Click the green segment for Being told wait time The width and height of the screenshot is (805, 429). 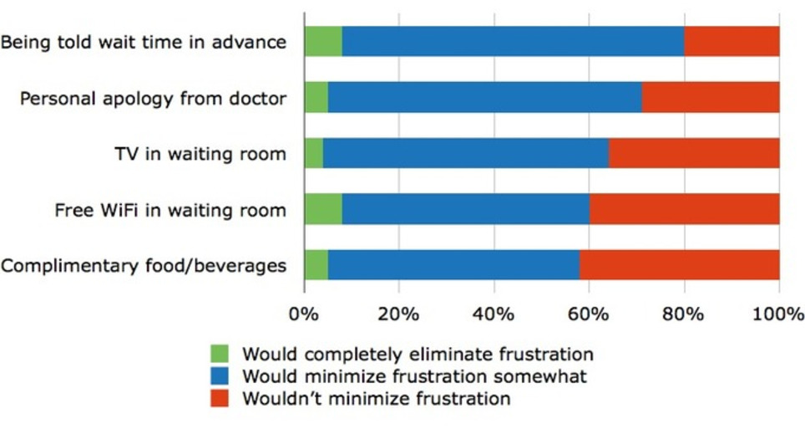pos(323,41)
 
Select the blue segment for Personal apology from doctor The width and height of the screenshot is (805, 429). pos(485,98)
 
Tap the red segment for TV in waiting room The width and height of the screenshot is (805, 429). pos(694,154)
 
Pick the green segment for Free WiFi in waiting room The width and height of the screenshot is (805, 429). pos(323,210)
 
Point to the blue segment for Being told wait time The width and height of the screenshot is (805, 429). pos(513,41)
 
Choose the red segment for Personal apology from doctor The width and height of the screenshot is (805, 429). pos(711,98)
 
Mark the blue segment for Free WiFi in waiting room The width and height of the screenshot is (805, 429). pos(466,210)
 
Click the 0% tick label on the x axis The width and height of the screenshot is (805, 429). pos(304,315)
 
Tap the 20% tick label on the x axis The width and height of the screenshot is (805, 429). pos(398,315)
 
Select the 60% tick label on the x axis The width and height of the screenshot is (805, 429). pos(589,315)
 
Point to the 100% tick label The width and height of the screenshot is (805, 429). pos(778,315)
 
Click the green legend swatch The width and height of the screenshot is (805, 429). pos(220,354)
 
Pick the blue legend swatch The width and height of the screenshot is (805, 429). pos(220,376)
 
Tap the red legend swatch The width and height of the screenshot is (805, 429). pos(220,398)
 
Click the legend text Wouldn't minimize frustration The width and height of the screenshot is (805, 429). pos(376,399)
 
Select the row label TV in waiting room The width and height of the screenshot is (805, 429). pos(200,155)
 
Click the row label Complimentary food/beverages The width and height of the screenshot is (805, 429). pos(144,267)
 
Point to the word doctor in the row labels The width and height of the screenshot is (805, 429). pos(259,99)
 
